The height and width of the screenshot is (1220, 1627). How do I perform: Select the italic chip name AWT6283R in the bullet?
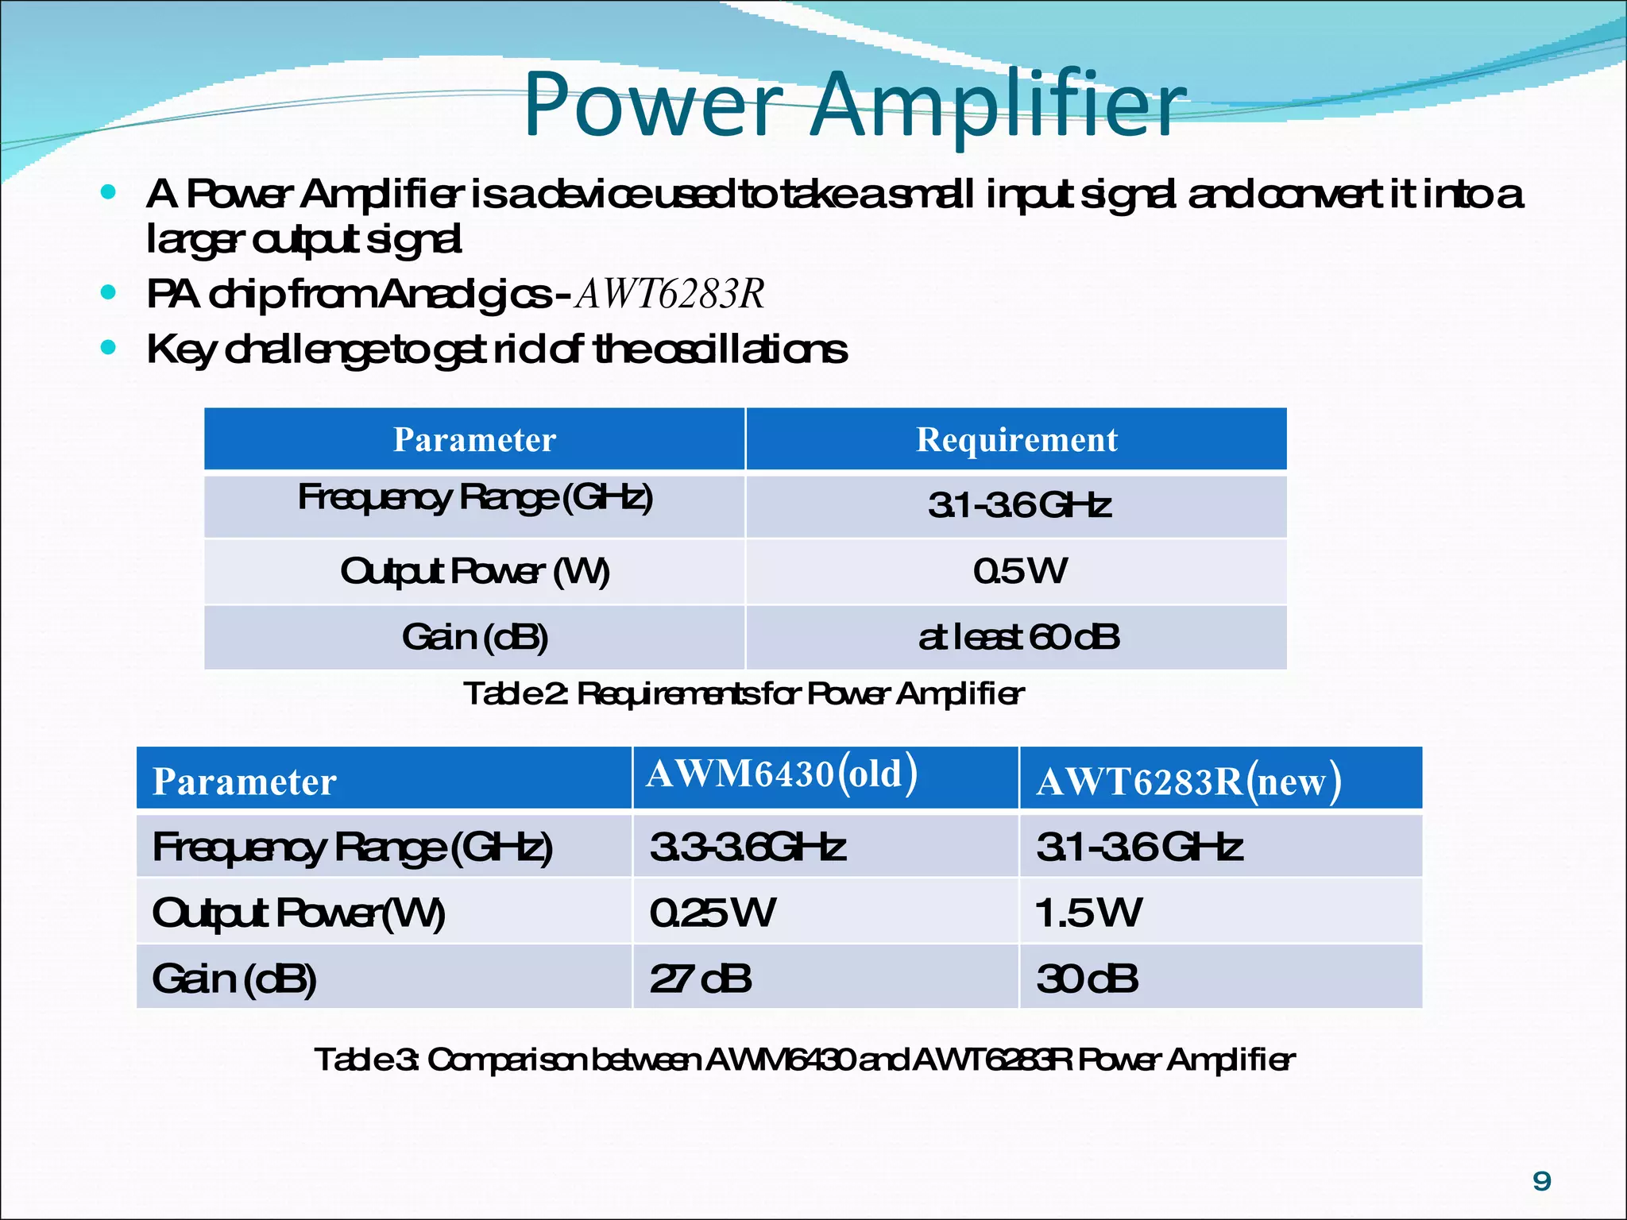click(670, 294)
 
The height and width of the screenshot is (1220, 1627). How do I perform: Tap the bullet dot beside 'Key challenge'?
click(109, 347)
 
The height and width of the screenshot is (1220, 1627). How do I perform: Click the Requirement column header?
click(1016, 440)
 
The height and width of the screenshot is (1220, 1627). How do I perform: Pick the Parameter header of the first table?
click(474, 440)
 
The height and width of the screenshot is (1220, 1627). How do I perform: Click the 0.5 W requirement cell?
click(1019, 571)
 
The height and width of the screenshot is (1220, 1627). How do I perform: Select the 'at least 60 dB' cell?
click(1018, 637)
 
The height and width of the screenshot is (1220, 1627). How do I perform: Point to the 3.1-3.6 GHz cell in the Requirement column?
click(1018, 505)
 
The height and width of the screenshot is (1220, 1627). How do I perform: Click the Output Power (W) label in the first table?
click(474, 571)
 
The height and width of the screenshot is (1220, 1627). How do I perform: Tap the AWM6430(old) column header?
click(782, 774)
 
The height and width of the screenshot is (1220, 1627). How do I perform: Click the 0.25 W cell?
click(712, 913)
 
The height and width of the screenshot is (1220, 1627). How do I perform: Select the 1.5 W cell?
click(1088, 913)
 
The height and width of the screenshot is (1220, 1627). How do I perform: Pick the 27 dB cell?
click(700, 979)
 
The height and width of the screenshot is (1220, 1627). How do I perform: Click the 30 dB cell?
click(1087, 979)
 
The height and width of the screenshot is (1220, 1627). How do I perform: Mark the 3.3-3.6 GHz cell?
click(747, 847)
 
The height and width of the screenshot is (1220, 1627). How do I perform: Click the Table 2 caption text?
click(744, 694)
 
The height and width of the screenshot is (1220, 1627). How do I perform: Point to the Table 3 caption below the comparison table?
click(804, 1060)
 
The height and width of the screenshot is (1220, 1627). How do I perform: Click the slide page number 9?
click(1541, 1181)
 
